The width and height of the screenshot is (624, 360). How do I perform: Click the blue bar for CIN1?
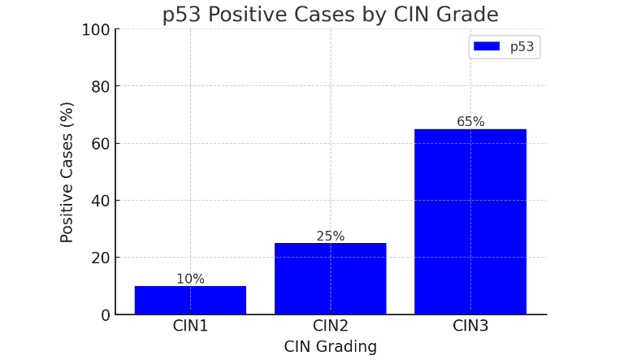click(x=190, y=300)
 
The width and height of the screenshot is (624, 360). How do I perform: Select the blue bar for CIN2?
click(x=330, y=279)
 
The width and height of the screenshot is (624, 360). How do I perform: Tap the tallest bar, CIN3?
click(x=470, y=221)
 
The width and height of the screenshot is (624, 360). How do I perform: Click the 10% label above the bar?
click(x=190, y=279)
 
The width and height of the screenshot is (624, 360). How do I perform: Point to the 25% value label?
click(x=330, y=236)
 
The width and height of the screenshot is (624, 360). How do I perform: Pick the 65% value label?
click(x=470, y=122)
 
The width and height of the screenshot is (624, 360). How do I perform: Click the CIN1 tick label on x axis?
click(x=190, y=327)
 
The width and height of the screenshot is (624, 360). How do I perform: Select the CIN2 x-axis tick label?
click(x=330, y=327)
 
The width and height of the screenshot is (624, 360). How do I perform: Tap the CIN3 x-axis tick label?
click(x=470, y=327)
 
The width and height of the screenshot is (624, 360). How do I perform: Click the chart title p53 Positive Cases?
click(x=330, y=15)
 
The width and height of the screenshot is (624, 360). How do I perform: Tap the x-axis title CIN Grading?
click(x=330, y=347)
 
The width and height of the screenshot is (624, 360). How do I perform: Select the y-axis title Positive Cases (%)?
click(x=67, y=171)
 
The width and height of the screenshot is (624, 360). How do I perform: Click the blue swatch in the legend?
click(x=486, y=47)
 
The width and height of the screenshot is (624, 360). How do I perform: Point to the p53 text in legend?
click(x=522, y=47)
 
